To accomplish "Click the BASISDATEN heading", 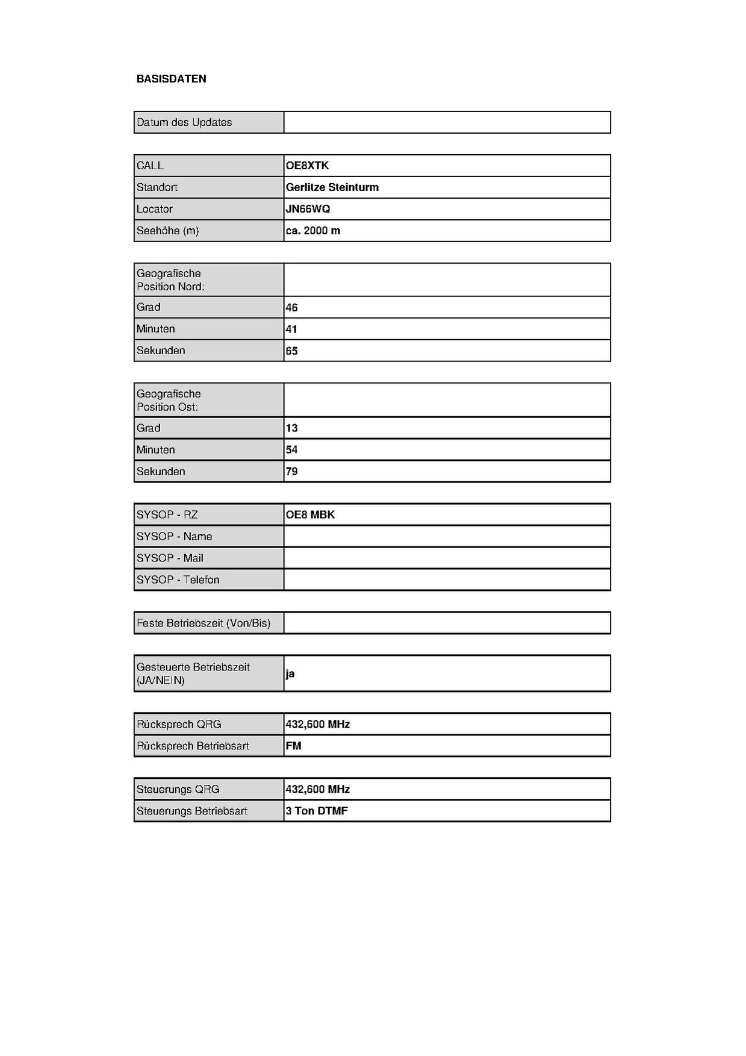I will click(x=171, y=79).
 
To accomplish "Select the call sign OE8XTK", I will click(x=307, y=166).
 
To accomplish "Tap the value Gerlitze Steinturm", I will click(x=332, y=187).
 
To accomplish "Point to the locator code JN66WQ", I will click(x=308, y=209).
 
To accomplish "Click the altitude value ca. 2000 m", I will click(x=312, y=231).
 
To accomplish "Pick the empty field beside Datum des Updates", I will click(x=447, y=122).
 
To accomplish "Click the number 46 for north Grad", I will click(x=291, y=308).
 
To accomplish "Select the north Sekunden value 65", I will click(x=291, y=351).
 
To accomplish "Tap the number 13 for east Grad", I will click(x=291, y=428).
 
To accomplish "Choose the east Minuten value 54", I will click(x=291, y=450).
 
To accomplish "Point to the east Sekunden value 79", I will click(x=291, y=472).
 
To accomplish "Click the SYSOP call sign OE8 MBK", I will click(x=310, y=515).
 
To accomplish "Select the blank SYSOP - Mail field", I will click(x=447, y=558).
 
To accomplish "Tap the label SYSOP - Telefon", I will click(x=178, y=580).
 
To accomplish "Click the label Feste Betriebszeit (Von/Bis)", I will click(x=203, y=623).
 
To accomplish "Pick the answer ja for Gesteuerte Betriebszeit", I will click(x=290, y=673).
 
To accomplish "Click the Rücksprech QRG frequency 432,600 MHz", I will click(x=317, y=725).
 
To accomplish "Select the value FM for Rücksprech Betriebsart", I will click(x=293, y=746).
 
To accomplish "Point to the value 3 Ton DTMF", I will click(x=317, y=811).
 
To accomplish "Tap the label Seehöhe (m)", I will click(x=167, y=231).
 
